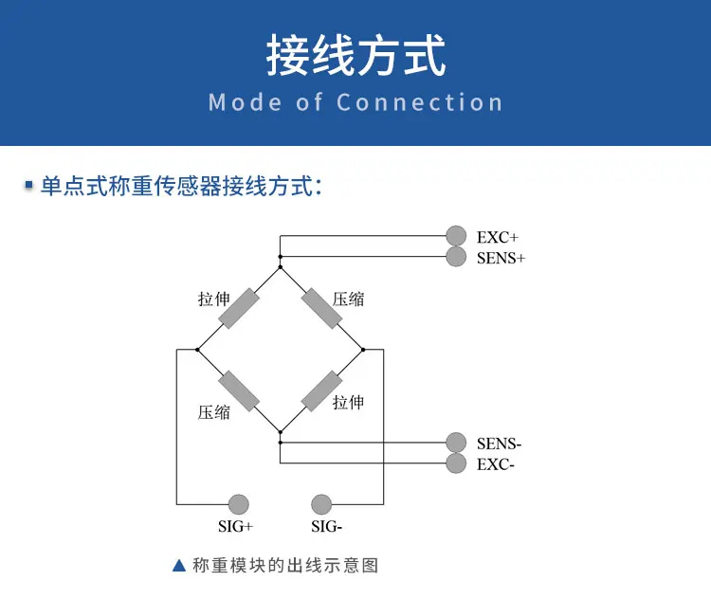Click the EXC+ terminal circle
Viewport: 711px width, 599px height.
457,236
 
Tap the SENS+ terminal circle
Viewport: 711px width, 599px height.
457,256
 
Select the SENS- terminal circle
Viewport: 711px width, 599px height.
457,443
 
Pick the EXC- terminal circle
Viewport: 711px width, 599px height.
457,463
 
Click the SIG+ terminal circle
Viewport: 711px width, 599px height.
238,504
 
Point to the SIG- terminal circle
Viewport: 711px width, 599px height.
321,504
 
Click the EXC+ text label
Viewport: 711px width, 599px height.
497,237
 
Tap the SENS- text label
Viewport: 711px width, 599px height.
500,444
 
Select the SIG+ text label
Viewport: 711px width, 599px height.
236,526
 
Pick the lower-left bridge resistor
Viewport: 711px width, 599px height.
238,390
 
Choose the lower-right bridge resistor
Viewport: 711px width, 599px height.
321,390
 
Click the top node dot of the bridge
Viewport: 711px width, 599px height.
280,257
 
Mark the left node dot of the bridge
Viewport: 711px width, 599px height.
197,349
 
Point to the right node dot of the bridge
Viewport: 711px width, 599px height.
363,349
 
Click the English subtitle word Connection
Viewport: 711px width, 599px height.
419,102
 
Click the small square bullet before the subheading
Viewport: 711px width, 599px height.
29,185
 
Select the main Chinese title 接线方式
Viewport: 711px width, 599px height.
355,56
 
